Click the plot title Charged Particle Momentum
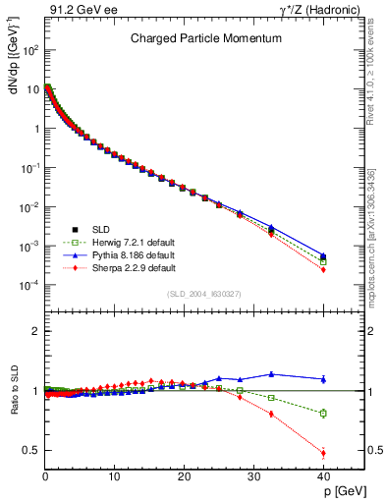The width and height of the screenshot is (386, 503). click(x=193, y=40)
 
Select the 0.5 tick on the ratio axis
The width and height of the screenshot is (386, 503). click(x=29, y=450)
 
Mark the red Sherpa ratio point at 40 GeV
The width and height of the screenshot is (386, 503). click(x=323, y=453)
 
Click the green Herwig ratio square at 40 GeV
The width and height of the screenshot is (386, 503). click(x=323, y=413)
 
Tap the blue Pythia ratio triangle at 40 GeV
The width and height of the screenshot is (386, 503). click(x=323, y=378)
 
